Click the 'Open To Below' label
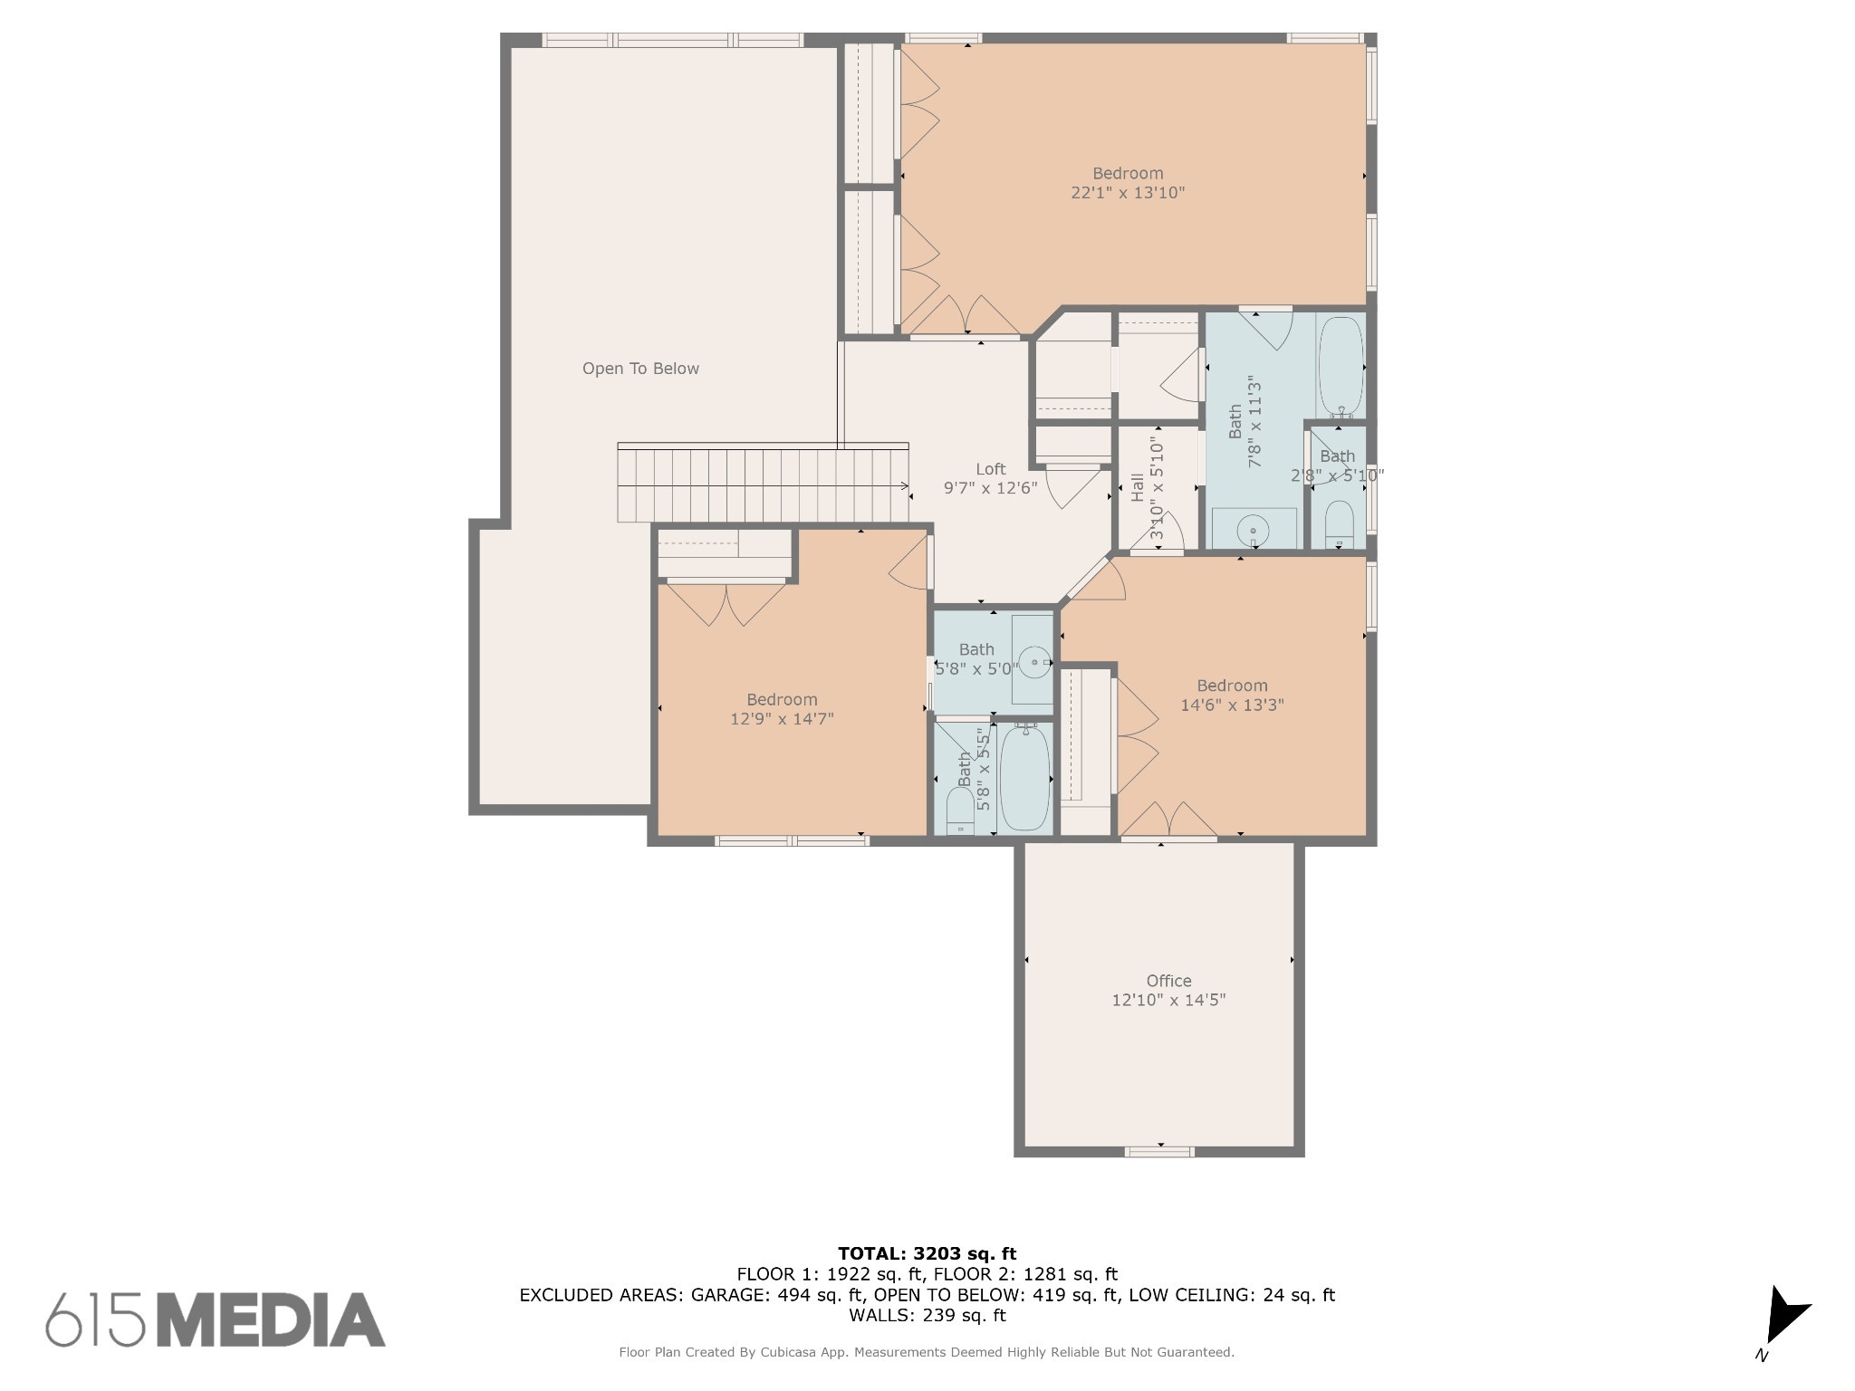(x=640, y=369)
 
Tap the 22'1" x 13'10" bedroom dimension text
(x=1128, y=193)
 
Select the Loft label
(x=990, y=469)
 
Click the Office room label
(x=1168, y=981)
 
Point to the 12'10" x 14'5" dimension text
(x=1168, y=1001)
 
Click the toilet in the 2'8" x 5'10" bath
(x=1339, y=525)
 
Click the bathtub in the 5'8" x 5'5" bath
(x=1025, y=777)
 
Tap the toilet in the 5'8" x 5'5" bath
(x=959, y=811)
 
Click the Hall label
(x=1138, y=487)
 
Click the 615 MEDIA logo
(x=216, y=1319)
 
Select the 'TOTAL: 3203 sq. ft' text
(x=927, y=1254)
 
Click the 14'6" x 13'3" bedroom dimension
(x=1232, y=705)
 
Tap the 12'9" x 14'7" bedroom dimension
(x=782, y=719)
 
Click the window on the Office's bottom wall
(x=1159, y=1152)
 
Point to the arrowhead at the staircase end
(x=906, y=486)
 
